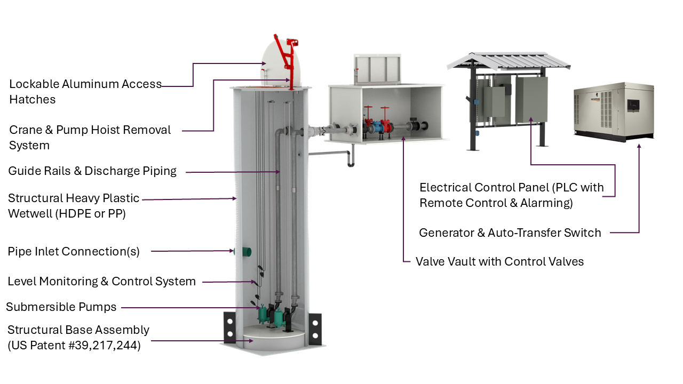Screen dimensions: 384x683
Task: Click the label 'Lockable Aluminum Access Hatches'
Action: [x=85, y=92]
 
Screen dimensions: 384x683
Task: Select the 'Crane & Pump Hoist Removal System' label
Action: [x=90, y=137]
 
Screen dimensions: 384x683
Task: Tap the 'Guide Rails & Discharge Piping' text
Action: [x=92, y=171]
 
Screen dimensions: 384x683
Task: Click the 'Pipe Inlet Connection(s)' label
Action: [x=74, y=251]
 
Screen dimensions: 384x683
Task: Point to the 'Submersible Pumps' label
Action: [x=61, y=307]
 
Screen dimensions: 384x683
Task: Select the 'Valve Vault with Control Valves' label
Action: [x=499, y=261]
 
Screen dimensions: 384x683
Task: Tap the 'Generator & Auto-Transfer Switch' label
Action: [x=510, y=233]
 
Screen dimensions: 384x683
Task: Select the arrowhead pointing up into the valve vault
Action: [x=403, y=140]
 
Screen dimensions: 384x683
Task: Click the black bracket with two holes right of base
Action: [x=315, y=329]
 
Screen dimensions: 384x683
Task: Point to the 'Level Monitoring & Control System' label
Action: [x=101, y=281]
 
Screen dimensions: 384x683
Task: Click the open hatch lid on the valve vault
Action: [x=378, y=69]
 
